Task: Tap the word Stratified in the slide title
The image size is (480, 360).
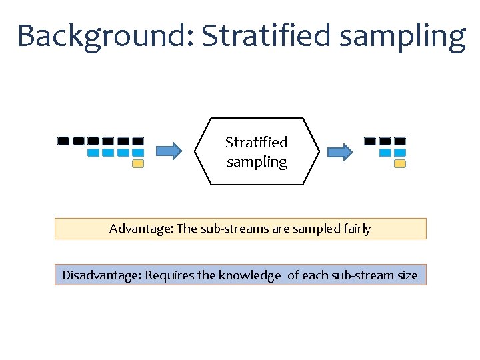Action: click(265, 36)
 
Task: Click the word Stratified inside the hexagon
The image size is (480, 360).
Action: click(257, 142)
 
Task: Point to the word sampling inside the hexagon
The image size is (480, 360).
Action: click(257, 162)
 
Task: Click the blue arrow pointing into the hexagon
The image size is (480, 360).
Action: click(168, 152)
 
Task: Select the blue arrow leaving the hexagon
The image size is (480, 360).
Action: click(339, 152)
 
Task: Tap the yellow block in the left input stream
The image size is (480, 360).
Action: click(138, 163)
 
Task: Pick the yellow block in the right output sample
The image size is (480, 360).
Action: click(399, 163)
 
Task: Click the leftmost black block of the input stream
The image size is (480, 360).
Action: click(63, 141)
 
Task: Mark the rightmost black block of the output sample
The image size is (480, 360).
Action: click(399, 141)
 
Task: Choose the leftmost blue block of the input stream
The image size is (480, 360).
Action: click(93, 153)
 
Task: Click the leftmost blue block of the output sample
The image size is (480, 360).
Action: click(385, 153)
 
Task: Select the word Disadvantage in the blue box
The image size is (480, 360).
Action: click(101, 275)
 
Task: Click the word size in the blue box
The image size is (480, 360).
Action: click(407, 275)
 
